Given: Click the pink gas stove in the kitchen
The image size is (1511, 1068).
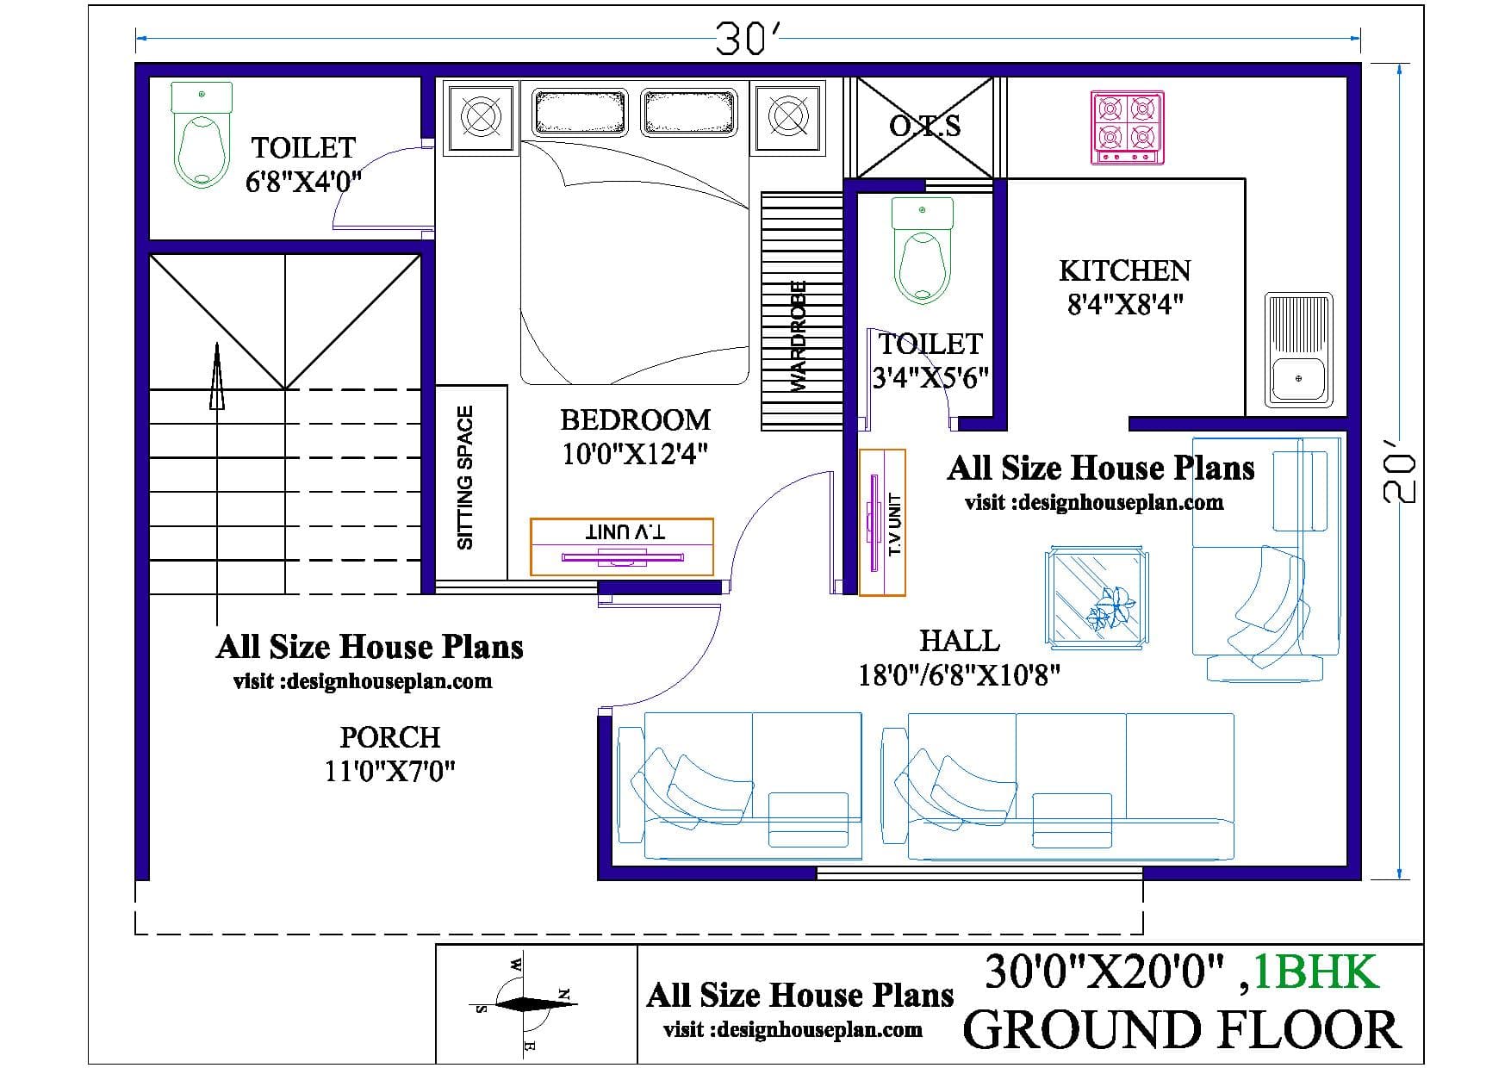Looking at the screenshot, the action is pyautogui.click(x=1128, y=127).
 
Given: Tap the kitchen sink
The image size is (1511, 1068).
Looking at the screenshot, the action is pyautogui.click(x=1298, y=350).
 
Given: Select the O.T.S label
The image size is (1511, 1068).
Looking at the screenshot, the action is pyautogui.click(x=924, y=127).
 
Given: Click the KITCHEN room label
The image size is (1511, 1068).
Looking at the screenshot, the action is pyautogui.click(x=1124, y=270).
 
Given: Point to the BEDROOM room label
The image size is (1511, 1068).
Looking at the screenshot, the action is pyautogui.click(x=636, y=419).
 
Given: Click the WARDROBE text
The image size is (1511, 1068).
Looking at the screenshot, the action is pyautogui.click(x=799, y=337).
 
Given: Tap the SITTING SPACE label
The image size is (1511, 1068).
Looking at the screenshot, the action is pyautogui.click(x=465, y=477).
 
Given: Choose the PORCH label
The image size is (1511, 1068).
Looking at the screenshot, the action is pyautogui.click(x=390, y=737).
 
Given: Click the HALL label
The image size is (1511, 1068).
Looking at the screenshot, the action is pyautogui.click(x=960, y=641).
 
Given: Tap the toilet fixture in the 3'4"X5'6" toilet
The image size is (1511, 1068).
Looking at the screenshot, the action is pyautogui.click(x=923, y=251).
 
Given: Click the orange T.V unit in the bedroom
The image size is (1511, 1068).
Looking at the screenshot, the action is pyautogui.click(x=622, y=546).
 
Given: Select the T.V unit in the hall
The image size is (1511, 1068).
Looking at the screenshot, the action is pyautogui.click(x=882, y=522).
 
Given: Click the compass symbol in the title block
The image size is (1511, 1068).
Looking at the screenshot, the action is pyautogui.click(x=525, y=1003).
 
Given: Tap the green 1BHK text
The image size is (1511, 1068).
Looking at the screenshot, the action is pyautogui.click(x=1315, y=972).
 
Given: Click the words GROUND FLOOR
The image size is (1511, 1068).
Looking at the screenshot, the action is pyautogui.click(x=1181, y=1030).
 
